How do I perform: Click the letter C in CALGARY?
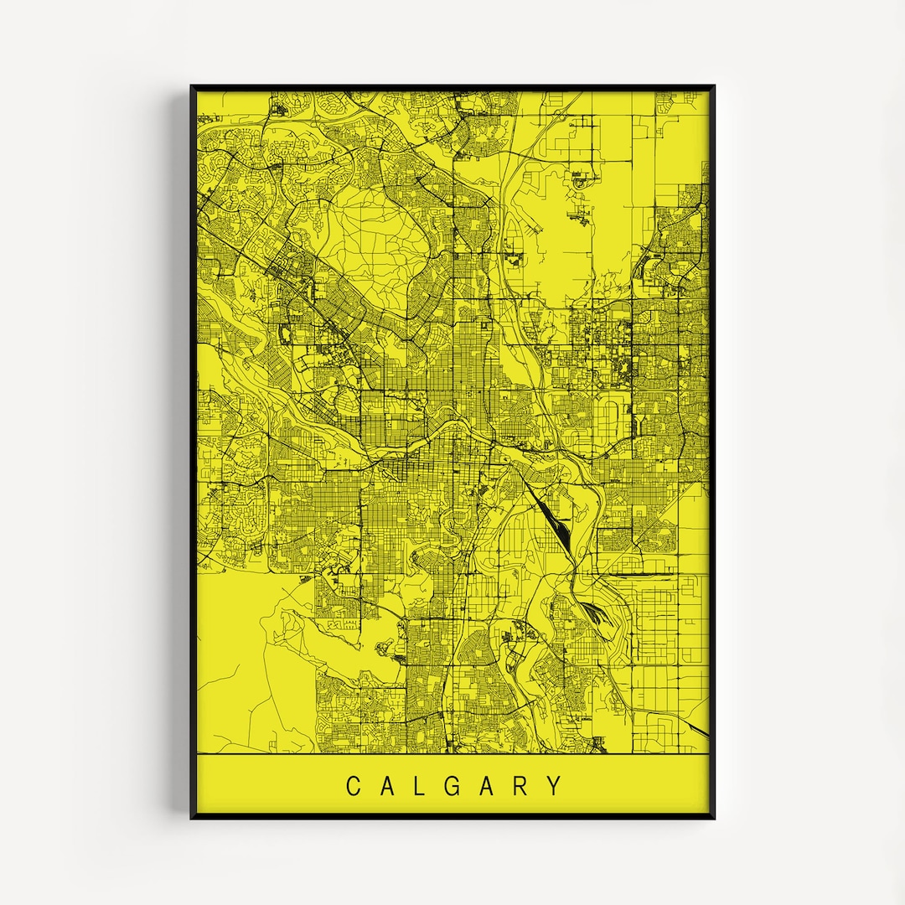pos(354,786)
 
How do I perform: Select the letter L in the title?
pos(421,786)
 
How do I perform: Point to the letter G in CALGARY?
pos(454,786)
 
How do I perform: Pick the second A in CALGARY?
pos(489,786)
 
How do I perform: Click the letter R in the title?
pos(522,786)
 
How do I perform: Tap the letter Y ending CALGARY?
pos(555,786)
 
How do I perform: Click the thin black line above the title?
pos(452,754)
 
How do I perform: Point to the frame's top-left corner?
pos(192,86)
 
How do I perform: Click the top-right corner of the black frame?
pos(713,86)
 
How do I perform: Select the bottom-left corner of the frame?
pos(192,817)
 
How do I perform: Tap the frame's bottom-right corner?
pos(713,817)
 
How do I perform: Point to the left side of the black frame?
pos(193,452)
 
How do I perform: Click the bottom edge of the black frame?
pos(452,816)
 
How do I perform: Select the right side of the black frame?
pos(712,452)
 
